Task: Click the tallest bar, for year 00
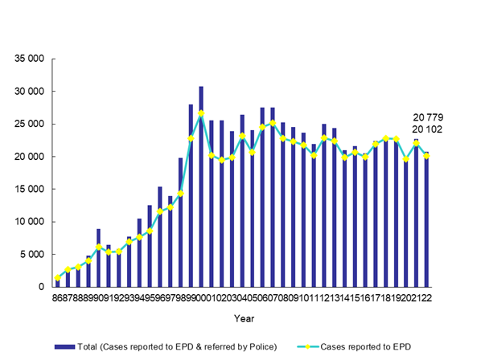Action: click(201, 186)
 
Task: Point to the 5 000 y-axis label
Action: click(31, 255)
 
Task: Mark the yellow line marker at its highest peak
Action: click(201, 113)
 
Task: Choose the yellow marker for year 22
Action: click(425, 156)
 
